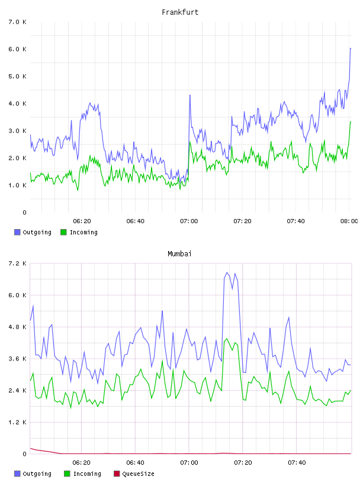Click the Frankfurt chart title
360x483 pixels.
tap(180, 12)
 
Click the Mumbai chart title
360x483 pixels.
tap(179, 253)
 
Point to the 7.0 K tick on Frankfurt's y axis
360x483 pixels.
tap(17, 22)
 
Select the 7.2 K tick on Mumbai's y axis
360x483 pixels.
tap(17, 263)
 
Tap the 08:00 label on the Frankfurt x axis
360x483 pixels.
tap(349, 221)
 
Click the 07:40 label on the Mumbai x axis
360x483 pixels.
tap(297, 462)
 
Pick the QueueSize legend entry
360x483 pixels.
tap(134, 474)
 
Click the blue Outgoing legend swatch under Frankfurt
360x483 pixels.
tap(17, 232)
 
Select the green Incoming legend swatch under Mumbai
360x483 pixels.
tap(67, 474)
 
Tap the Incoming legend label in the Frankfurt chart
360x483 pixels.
tap(83, 232)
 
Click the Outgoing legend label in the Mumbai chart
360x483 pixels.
tap(37, 474)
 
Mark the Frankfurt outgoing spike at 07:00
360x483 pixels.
tap(190, 95)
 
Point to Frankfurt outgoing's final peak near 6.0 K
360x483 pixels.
tap(351, 49)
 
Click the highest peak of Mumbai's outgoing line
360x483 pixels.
tap(227, 273)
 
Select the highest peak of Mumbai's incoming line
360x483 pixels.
tap(227, 339)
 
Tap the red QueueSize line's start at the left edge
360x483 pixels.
tap(30, 448)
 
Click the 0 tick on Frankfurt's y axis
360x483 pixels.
tap(24, 212)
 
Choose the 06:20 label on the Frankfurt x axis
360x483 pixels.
tap(82, 221)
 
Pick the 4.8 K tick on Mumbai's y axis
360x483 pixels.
tap(17, 327)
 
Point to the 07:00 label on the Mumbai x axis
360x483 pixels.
tap(189, 462)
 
